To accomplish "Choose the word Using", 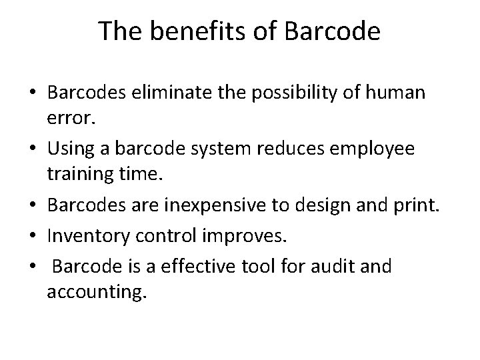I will (73, 148).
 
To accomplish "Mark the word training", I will (77, 173).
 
